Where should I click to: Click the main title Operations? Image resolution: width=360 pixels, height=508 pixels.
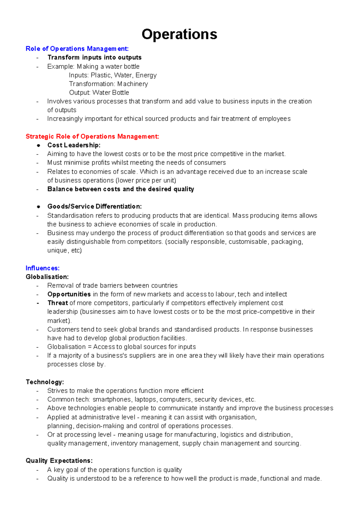[x=179, y=34]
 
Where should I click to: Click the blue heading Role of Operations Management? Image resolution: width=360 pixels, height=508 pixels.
[x=77, y=49]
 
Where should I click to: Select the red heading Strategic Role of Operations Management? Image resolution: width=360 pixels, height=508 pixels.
[x=92, y=136]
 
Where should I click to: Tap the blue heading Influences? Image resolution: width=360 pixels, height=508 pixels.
[x=43, y=268]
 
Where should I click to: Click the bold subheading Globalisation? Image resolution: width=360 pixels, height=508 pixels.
[x=47, y=277]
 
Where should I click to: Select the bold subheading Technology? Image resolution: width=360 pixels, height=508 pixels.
[x=45, y=382]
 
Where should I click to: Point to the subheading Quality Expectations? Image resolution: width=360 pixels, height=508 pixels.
[x=59, y=461]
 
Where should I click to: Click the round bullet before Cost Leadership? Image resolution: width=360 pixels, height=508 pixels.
[x=38, y=145]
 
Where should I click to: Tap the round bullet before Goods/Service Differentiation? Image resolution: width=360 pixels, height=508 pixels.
[x=38, y=207]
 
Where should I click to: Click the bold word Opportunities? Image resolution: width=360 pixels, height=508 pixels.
[x=69, y=294]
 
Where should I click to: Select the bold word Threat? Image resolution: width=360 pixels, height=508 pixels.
[x=58, y=303]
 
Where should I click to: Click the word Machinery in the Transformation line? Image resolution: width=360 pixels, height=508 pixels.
[x=132, y=84]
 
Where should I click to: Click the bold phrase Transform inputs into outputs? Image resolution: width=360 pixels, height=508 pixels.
[x=94, y=57]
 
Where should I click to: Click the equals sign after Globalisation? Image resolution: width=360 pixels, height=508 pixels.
[x=89, y=347]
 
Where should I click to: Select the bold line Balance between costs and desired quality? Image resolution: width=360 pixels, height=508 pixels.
[x=121, y=189]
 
